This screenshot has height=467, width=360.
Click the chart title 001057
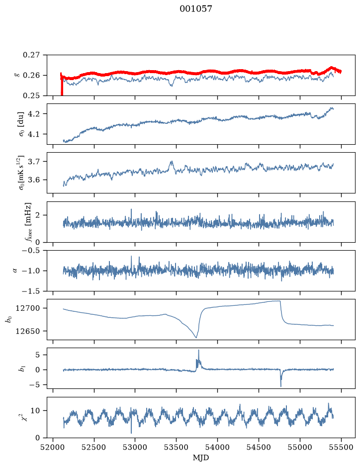195,9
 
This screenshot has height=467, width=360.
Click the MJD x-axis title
201,458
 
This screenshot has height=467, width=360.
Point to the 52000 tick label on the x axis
53,447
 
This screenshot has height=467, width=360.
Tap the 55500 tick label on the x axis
341,447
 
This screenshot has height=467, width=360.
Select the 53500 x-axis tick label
177,447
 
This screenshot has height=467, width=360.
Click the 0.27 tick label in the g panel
31,55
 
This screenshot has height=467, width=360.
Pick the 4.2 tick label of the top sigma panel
34,114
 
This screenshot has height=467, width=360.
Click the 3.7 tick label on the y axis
34,162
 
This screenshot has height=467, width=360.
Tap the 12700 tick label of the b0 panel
28,308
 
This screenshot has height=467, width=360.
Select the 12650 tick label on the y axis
28,331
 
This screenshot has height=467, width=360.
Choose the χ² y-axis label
25,417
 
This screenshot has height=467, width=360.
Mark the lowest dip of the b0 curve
196,338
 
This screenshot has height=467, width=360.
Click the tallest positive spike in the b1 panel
198,351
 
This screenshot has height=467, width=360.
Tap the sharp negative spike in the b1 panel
281,386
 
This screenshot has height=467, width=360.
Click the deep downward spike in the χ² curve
131,433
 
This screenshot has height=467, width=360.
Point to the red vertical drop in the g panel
62,85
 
